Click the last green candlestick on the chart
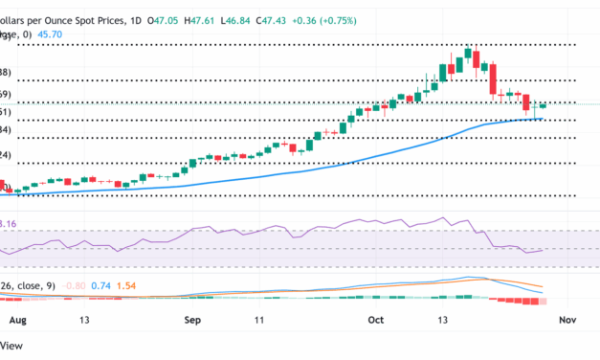544,105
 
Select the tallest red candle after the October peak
495,80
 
